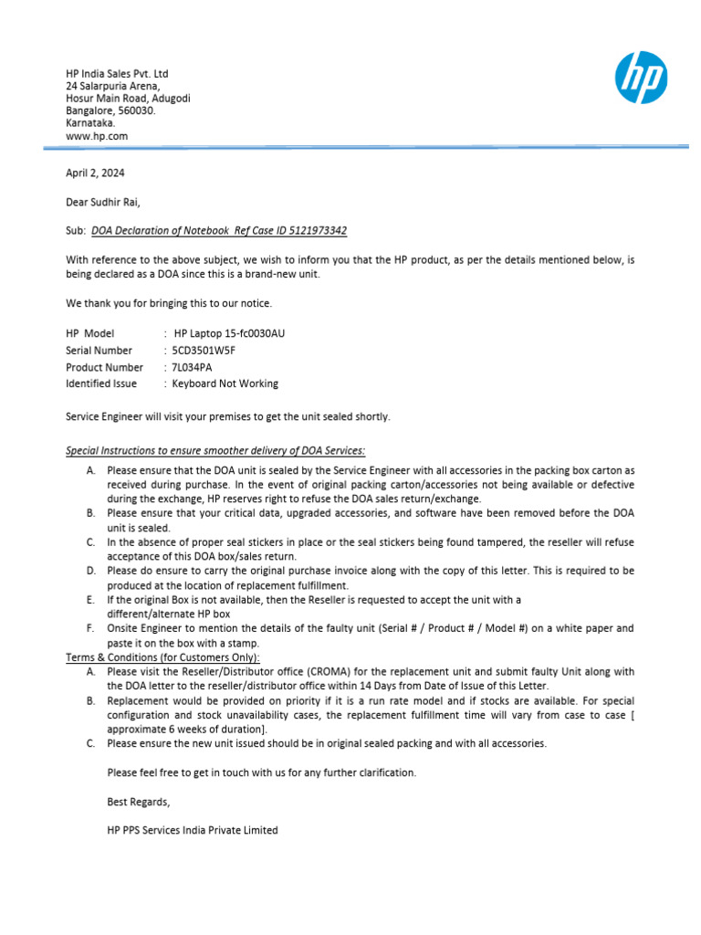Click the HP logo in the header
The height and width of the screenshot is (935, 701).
click(x=642, y=78)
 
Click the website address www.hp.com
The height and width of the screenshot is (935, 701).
click(x=96, y=136)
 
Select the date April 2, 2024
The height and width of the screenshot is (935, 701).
click(x=95, y=173)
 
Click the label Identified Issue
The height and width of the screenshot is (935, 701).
click(x=102, y=383)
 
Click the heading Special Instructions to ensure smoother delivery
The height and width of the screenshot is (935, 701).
click(x=215, y=450)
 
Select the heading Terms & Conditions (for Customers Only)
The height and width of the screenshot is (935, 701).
click(x=162, y=657)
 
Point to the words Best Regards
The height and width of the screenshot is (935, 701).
click(x=138, y=802)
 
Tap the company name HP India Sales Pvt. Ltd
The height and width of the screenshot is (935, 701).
click(x=117, y=74)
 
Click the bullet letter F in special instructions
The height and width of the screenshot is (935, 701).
click(x=90, y=629)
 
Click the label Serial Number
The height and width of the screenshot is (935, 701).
click(x=99, y=351)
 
